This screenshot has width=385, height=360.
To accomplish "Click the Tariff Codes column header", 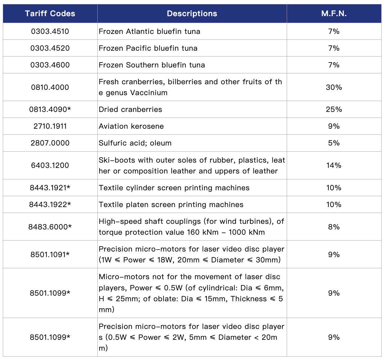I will coord(50,14).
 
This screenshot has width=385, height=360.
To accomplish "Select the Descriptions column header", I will coord(192,14).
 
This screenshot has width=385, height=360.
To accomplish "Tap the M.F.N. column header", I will coord(334,14).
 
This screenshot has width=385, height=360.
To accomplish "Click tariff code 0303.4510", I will coord(50,31).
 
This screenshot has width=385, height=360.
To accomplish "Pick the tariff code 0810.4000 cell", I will coord(50,87).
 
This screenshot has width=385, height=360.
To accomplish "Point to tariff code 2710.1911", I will coord(50,126).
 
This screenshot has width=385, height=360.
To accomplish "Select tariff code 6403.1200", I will coord(50,165).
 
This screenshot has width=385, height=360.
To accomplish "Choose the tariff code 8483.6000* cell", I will coord(50,227).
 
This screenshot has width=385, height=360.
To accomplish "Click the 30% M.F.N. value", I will coord(334,87).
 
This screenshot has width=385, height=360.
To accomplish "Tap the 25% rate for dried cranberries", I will coord(334,109).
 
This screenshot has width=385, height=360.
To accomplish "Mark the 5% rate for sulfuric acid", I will coord(334,143).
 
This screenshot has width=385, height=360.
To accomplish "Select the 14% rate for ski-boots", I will coord(334,165).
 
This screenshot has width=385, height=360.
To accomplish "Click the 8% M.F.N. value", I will coord(334,227).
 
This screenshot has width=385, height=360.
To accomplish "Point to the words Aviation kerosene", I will coord(131,126).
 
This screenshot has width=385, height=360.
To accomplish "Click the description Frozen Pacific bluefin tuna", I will coord(148,48).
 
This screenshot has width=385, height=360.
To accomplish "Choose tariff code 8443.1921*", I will coord(50,188).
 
